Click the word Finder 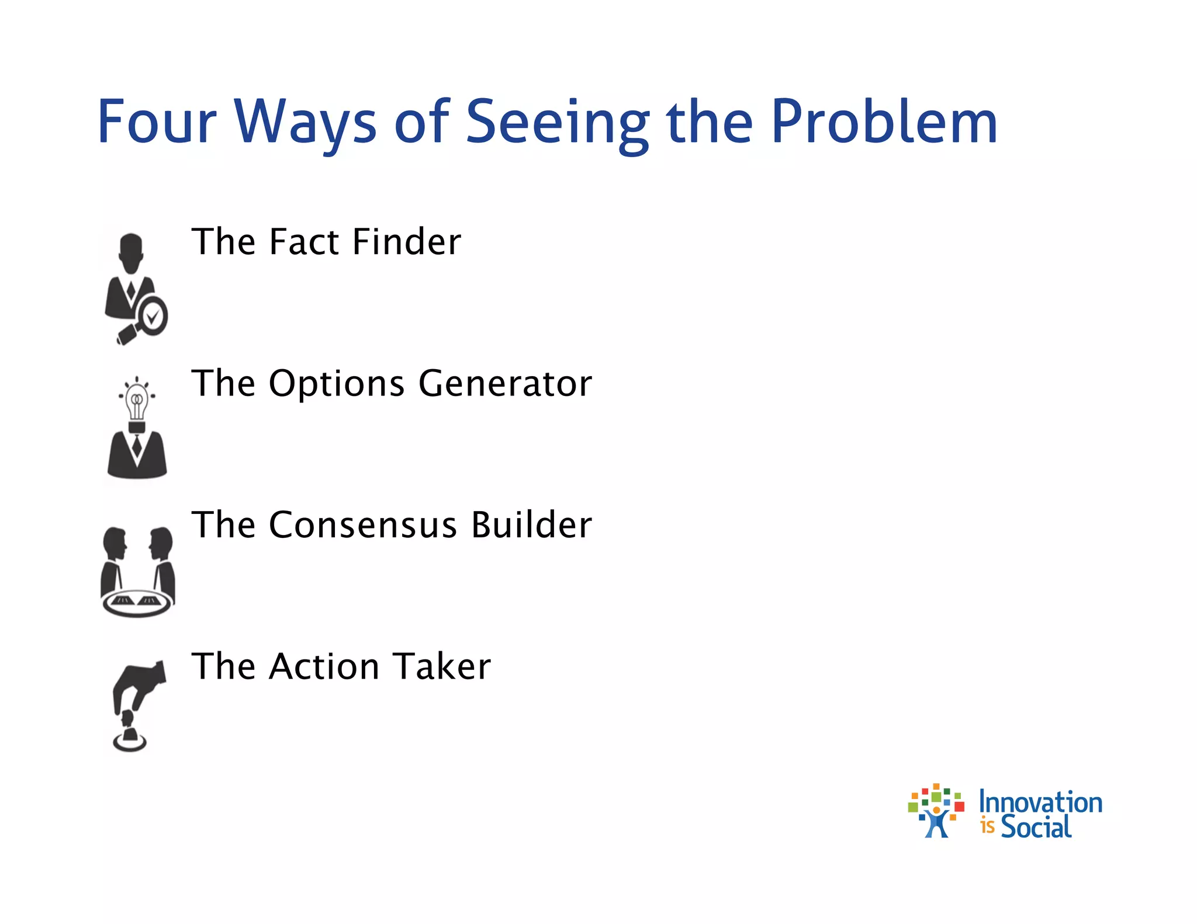407,242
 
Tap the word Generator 505,384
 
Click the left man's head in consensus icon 115,543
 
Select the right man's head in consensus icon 161,543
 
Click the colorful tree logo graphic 936,810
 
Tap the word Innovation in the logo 1040,802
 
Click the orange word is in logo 987,826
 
